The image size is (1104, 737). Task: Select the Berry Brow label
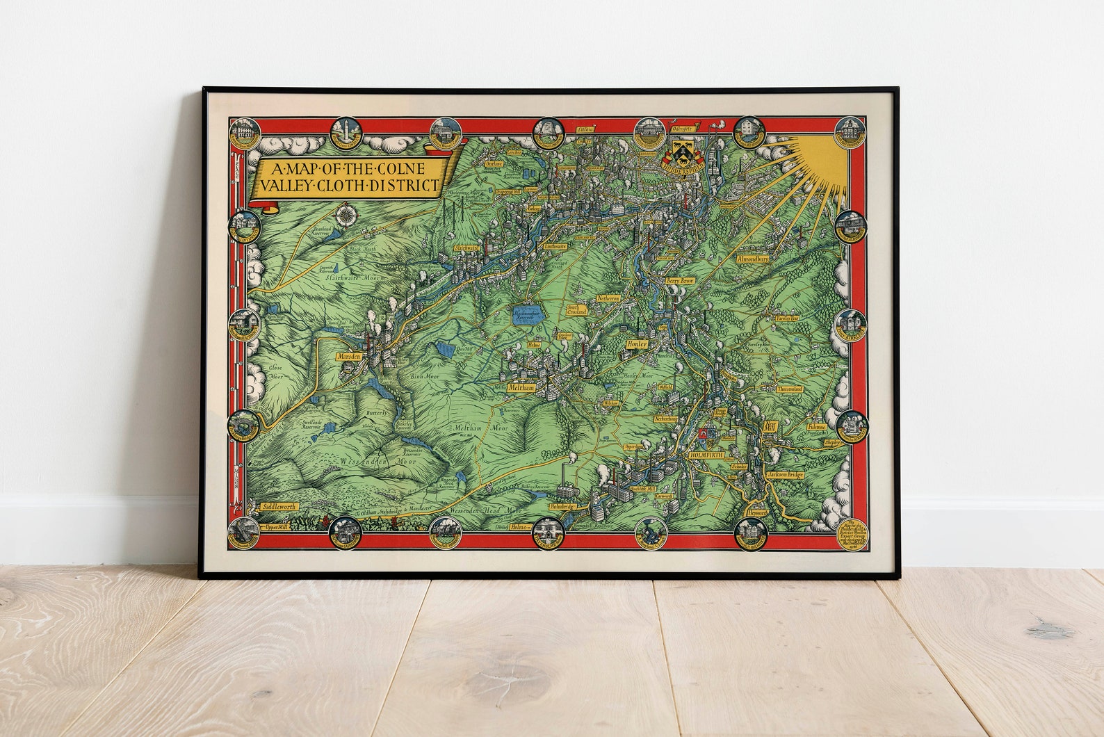pos(680,281)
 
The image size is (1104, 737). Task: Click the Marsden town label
pos(348,356)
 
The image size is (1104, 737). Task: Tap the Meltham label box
pos(521,387)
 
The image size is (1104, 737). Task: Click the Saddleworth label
pos(279,507)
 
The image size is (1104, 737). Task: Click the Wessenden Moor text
pos(373,461)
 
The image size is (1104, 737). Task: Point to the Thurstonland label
pos(790,389)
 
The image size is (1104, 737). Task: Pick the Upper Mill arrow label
pos(277,528)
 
